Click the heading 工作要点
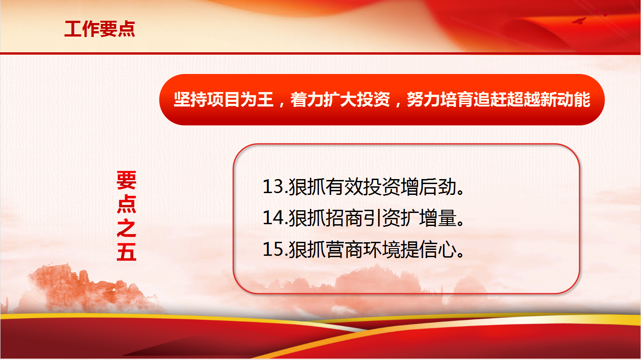[100, 29]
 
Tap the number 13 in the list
[273, 187]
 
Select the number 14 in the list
[273, 218]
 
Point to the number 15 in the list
[273, 249]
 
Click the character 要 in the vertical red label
[126, 180]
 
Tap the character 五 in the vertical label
[126, 252]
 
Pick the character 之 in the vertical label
[126, 228]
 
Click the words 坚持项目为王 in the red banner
[223, 100]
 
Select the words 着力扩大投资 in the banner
[340, 100]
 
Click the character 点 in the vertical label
[126, 204]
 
